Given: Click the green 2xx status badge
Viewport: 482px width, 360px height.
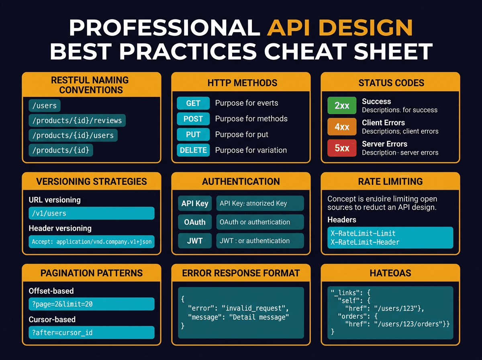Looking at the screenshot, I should click(342, 106).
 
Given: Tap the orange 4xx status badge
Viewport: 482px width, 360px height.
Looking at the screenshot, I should click(342, 127).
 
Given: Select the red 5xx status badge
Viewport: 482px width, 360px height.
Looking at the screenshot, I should click(342, 148).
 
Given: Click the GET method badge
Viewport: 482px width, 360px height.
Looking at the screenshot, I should click(193, 103).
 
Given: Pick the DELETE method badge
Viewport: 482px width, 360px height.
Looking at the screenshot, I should click(193, 150).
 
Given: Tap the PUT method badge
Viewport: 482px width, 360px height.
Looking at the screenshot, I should click(193, 135).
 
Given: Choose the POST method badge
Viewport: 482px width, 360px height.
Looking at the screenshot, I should click(193, 119).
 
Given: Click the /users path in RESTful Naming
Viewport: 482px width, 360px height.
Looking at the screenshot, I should click(44, 106).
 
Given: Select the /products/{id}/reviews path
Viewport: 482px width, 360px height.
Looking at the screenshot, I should click(77, 120).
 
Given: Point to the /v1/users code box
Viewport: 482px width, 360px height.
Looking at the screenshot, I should click(92, 213).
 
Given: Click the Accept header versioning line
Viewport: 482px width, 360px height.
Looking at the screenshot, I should click(92, 242).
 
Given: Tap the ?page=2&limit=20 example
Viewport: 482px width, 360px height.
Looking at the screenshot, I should click(92, 304).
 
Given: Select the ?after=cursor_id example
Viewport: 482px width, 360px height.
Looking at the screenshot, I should click(92, 333).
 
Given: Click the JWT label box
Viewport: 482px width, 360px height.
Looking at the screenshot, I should click(194, 241).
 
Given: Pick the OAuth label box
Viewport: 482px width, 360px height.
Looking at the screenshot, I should click(194, 222).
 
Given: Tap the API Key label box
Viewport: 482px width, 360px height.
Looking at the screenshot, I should click(194, 203).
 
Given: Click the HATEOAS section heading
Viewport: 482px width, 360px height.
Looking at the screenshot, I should click(390, 273).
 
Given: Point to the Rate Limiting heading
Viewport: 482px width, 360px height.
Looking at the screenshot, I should click(390, 182).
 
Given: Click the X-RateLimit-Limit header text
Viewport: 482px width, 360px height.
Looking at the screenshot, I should click(363, 233).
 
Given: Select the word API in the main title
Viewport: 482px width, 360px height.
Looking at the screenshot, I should click(286, 28).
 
